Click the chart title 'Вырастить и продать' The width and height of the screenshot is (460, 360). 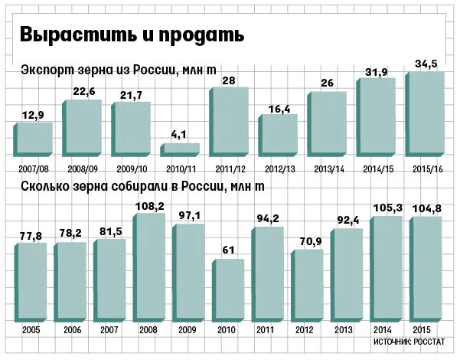[132, 34]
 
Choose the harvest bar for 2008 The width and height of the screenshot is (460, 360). [148, 266]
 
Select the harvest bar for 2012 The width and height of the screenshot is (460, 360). [308, 283]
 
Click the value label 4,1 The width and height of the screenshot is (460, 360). [179, 135]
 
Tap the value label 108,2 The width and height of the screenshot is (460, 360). [149, 206]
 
